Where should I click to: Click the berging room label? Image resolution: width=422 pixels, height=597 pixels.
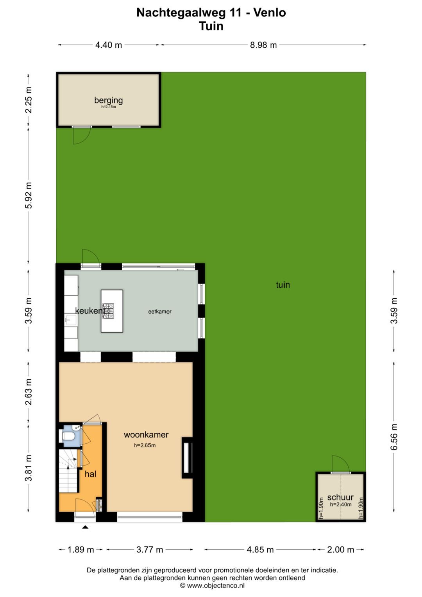tap(109, 100)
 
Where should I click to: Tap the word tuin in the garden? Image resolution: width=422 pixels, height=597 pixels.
tap(283, 285)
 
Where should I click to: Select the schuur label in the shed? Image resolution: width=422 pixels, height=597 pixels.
tap(340, 497)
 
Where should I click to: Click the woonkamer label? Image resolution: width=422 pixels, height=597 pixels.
tap(146, 435)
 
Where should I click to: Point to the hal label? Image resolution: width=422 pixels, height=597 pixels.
tap(90, 474)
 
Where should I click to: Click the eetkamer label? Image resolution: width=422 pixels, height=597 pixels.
tap(160, 311)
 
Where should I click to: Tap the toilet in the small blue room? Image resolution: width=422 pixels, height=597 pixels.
tap(68, 436)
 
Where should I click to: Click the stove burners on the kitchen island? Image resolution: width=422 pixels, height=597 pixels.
tap(109, 310)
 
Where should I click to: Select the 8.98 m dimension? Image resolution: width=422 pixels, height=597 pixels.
tap(263, 45)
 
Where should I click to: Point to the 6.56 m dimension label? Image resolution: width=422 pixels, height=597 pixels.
tap(394, 437)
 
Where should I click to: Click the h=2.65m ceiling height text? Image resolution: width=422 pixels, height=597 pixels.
tap(145, 445)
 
